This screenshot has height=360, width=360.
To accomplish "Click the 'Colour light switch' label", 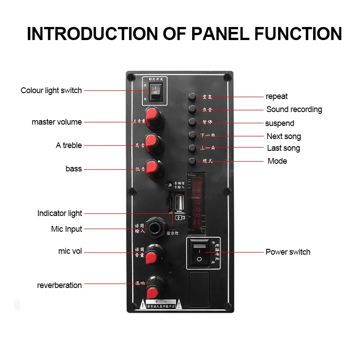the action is pyautogui.click(x=51, y=90).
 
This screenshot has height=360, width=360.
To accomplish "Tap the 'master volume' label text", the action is pyautogui.click(x=57, y=122).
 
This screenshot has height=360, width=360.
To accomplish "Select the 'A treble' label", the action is pyautogui.click(x=69, y=145).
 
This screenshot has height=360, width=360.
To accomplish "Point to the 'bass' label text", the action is pyautogui.click(x=74, y=169).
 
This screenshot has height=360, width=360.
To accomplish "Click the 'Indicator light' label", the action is pyautogui.click(x=60, y=213).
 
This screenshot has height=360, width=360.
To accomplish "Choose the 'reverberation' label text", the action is pyautogui.click(x=59, y=285).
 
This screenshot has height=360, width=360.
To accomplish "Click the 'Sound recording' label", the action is pyautogui.click(x=294, y=109).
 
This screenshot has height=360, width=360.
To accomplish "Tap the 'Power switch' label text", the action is pyautogui.click(x=288, y=252).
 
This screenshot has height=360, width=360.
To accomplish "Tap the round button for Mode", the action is pyautogui.click(x=192, y=161).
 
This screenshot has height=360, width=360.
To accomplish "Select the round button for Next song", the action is pyautogui.click(x=192, y=135).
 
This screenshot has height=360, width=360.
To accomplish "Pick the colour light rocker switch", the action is pyautogui.click(x=154, y=92).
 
